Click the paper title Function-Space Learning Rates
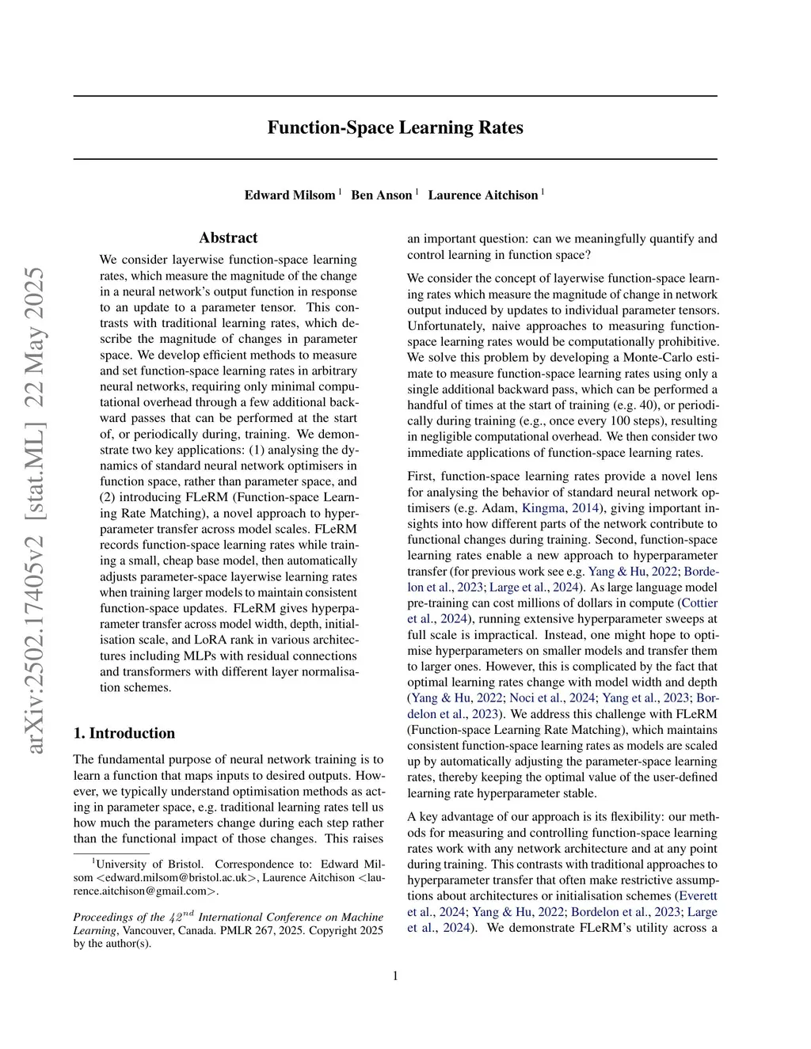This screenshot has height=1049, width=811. [394, 127]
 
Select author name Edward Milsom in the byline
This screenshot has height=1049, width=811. [289, 195]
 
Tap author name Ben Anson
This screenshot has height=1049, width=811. [382, 195]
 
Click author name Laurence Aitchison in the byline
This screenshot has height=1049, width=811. [482, 195]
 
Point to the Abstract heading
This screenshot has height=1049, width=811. [228, 238]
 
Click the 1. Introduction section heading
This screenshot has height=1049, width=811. [124, 733]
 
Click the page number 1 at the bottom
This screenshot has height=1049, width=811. [395, 975]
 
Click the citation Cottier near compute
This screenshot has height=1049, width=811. [699, 603]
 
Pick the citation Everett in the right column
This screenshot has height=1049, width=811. [698, 896]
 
